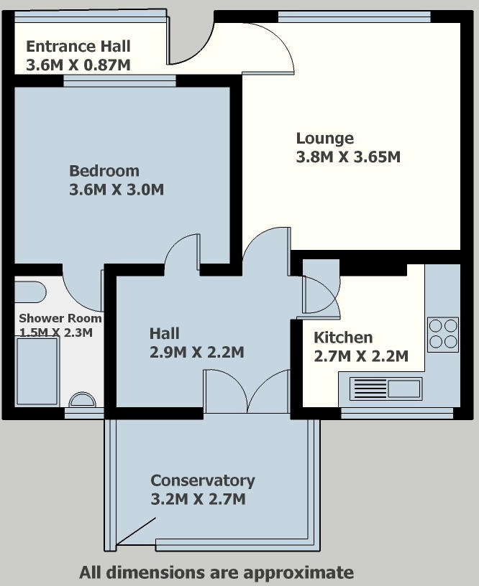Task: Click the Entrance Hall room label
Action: click(x=78, y=47)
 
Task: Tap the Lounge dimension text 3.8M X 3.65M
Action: click(x=348, y=157)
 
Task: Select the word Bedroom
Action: click(x=104, y=171)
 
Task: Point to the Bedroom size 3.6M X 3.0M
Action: click(x=117, y=190)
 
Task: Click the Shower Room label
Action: click(x=60, y=318)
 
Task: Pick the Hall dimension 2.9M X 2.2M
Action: click(x=197, y=352)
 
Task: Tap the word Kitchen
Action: click(x=343, y=338)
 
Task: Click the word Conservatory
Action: click(x=203, y=480)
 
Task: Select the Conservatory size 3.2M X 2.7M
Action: click(x=198, y=499)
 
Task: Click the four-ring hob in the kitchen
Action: click(x=443, y=335)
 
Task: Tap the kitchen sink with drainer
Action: click(x=386, y=389)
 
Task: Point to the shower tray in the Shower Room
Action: click(x=37, y=371)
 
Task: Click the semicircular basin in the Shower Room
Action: click(x=82, y=399)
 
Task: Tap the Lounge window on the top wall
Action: click(x=354, y=17)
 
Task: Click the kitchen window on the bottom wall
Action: click(x=397, y=413)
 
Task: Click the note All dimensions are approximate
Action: click(x=216, y=572)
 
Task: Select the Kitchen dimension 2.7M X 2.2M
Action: click(x=361, y=356)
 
